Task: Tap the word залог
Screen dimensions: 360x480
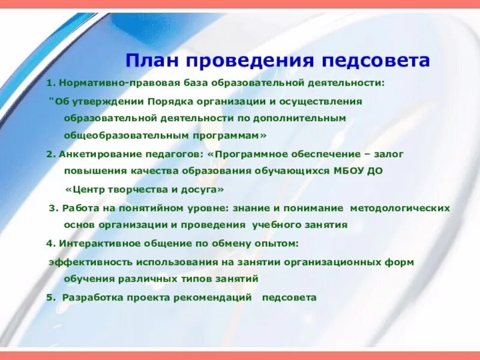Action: [x=391, y=154]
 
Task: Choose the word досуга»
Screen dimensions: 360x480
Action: [x=202, y=188]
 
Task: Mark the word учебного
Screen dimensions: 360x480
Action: [x=275, y=225]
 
